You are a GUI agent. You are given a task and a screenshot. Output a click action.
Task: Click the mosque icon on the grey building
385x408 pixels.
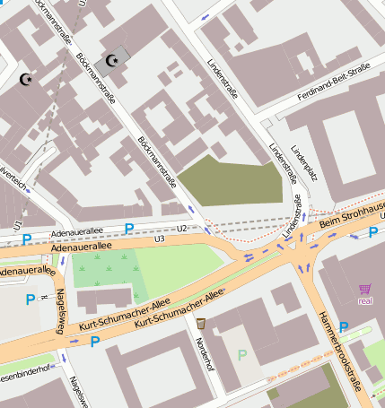[x=113, y=61]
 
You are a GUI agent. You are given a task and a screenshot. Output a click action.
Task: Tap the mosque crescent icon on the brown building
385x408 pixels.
[x=26, y=81]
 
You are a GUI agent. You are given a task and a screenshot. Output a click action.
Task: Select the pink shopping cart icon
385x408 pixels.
[x=364, y=289]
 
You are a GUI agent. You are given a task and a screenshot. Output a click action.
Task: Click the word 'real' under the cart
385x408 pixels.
[x=364, y=301]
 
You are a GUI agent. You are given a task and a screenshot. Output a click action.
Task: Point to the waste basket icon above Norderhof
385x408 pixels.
[x=201, y=323]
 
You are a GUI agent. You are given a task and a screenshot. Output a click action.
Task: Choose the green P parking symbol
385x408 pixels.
[x=241, y=355]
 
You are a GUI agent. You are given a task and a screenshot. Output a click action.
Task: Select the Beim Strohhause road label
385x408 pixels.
[x=353, y=212]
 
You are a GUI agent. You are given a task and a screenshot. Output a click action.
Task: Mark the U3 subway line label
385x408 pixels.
[x=160, y=239]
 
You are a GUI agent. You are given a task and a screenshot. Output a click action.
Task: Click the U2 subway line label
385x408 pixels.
[x=181, y=229]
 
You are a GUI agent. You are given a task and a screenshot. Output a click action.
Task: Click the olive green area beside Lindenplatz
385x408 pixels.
[x=231, y=182]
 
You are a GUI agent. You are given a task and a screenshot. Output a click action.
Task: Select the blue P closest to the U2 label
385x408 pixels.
[x=129, y=230]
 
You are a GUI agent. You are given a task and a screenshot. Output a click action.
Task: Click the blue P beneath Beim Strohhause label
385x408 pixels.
[x=373, y=233]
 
